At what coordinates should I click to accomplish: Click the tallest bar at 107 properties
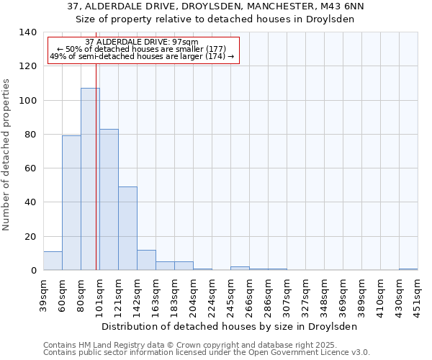coord(90,179)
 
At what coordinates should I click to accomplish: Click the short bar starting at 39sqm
coord(53,261)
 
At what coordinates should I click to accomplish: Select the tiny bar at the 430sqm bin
coord(408,269)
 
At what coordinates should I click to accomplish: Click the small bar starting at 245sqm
coord(240,268)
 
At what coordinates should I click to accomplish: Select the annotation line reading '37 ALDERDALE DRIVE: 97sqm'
coord(141,42)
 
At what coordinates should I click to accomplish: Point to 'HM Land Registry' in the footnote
coord(105,345)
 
